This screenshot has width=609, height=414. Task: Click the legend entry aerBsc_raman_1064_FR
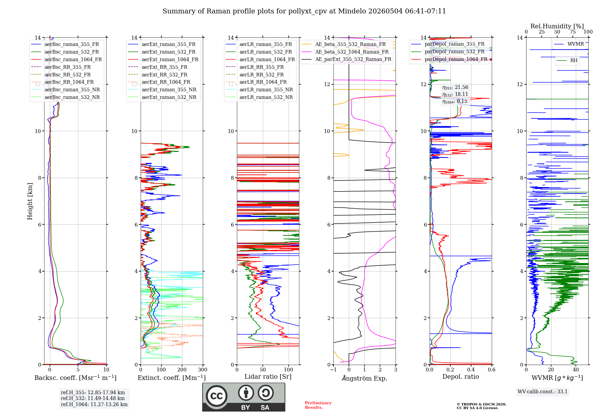[x=66, y=59]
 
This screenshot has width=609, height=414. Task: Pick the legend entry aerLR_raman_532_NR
[x=259, y=97]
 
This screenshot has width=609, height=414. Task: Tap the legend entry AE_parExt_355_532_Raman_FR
[x=347, y=59]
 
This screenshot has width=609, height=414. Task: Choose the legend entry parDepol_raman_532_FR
[x=448, y=51]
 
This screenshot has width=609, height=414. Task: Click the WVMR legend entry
[x=569, y=44]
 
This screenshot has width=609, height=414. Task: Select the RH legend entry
[x=567, y=60]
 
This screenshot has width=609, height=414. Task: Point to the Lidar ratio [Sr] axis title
[x=268, y=377]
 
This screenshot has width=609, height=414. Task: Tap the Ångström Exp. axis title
[x=364, y=378]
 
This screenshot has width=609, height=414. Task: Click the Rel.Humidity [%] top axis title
[x=557, y=26]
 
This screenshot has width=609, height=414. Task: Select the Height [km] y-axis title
[x=30, y=201]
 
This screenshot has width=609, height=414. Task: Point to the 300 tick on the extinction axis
[x=202, y=370]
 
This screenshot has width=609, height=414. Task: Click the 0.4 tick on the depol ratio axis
[x=471, y=370]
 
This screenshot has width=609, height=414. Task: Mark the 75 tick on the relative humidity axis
[x=573, y=32]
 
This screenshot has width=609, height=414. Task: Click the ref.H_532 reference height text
[x=93, y=398]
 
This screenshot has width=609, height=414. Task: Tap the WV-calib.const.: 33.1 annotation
[x=543, y=391]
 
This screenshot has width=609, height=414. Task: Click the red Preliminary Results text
[x=318, y=405]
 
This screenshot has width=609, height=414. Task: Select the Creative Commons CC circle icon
[x=216, y=396]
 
